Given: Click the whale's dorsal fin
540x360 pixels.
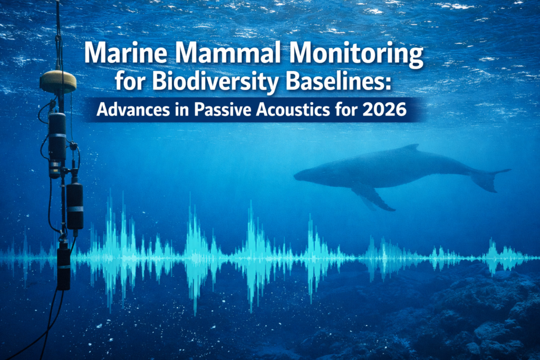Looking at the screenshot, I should point(410,147).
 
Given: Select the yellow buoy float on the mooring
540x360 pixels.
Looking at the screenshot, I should point(58,81).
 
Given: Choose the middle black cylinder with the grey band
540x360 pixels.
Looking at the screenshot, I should point(74,206).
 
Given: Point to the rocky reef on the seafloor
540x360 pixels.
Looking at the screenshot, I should point(475,316).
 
